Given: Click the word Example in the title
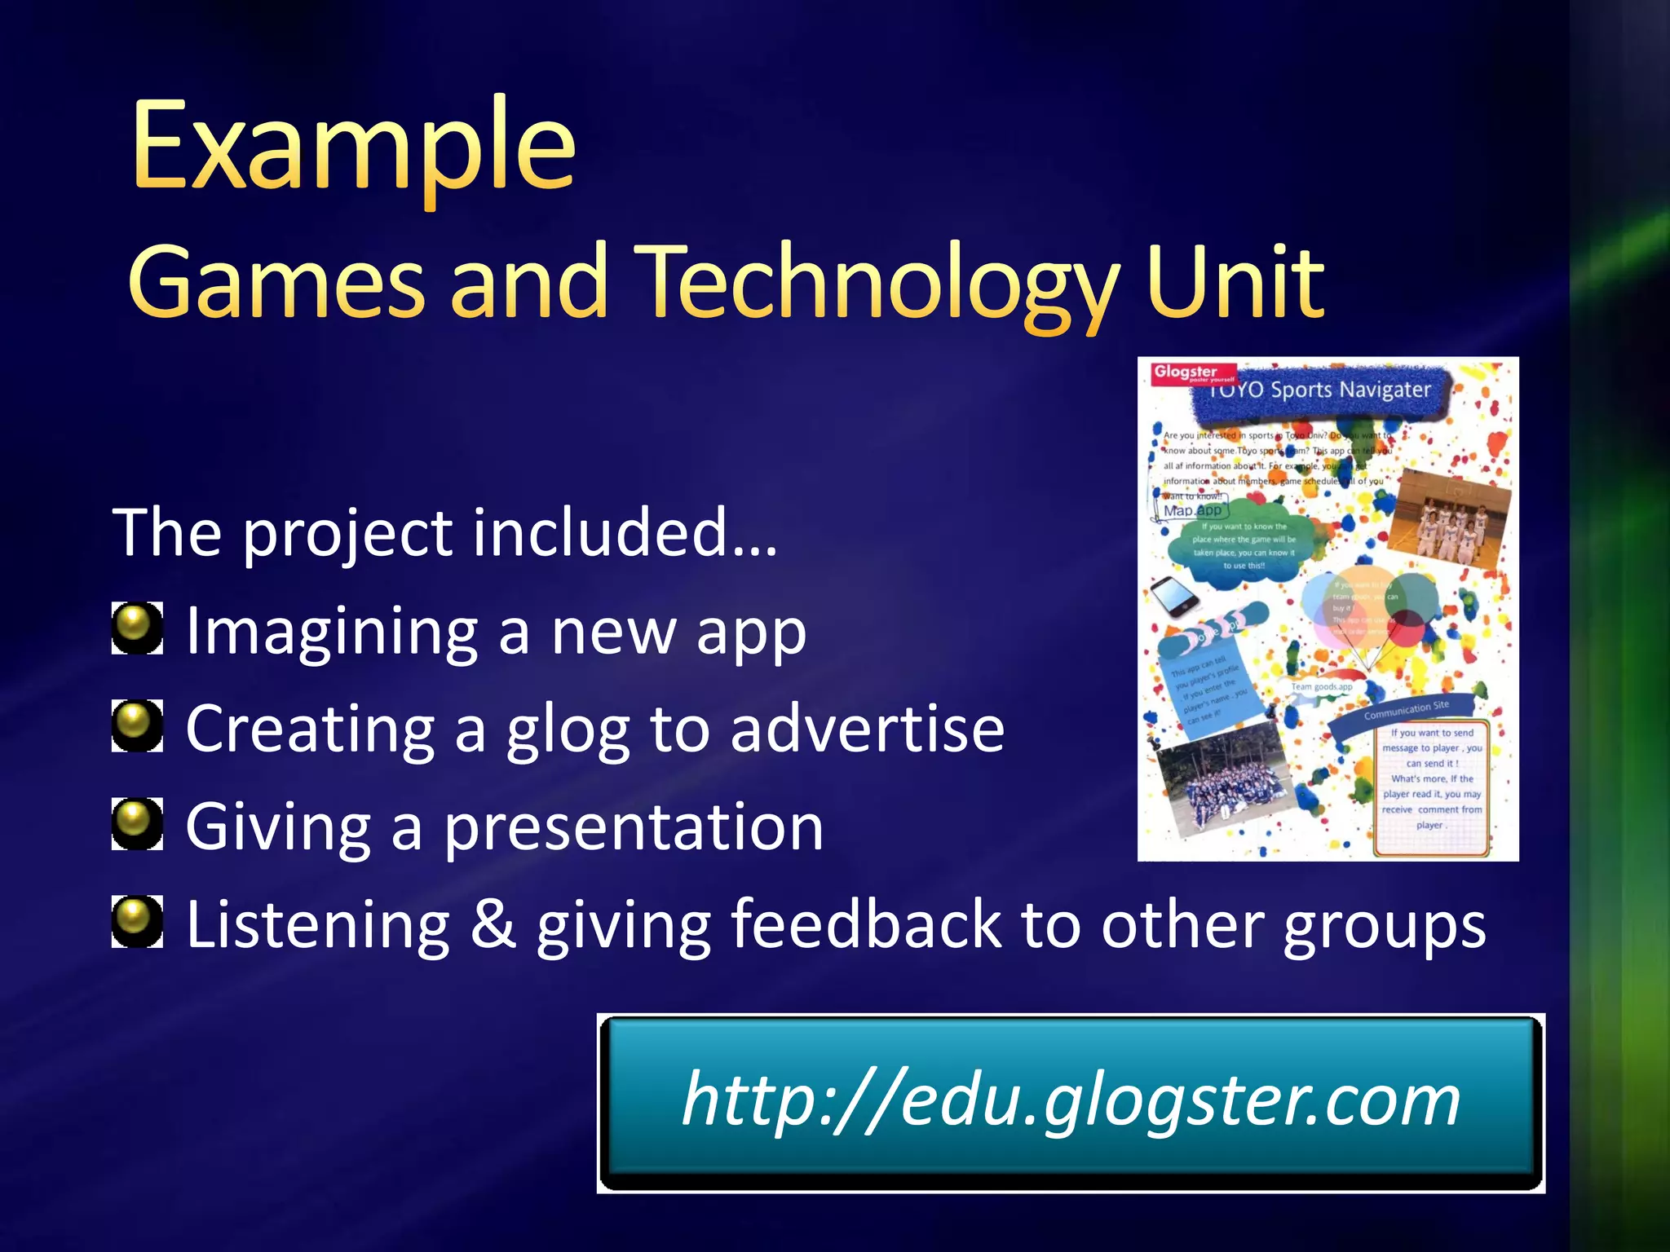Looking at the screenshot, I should click(354, 147).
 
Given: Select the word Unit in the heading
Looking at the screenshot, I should click(1235, 282).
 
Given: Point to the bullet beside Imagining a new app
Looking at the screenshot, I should click(136, 628).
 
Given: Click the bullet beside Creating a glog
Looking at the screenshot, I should click(136, 726).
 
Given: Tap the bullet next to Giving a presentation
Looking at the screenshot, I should click(136, 824).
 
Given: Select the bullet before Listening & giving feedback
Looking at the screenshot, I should click(136, 922).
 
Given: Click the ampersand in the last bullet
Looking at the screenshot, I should click(493, 924).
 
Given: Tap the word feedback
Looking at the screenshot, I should click(865, 924).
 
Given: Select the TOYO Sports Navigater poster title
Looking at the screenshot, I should click(1321, 390).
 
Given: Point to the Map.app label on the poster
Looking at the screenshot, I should click(1192, 510).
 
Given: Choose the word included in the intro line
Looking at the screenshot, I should click(599, 532).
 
